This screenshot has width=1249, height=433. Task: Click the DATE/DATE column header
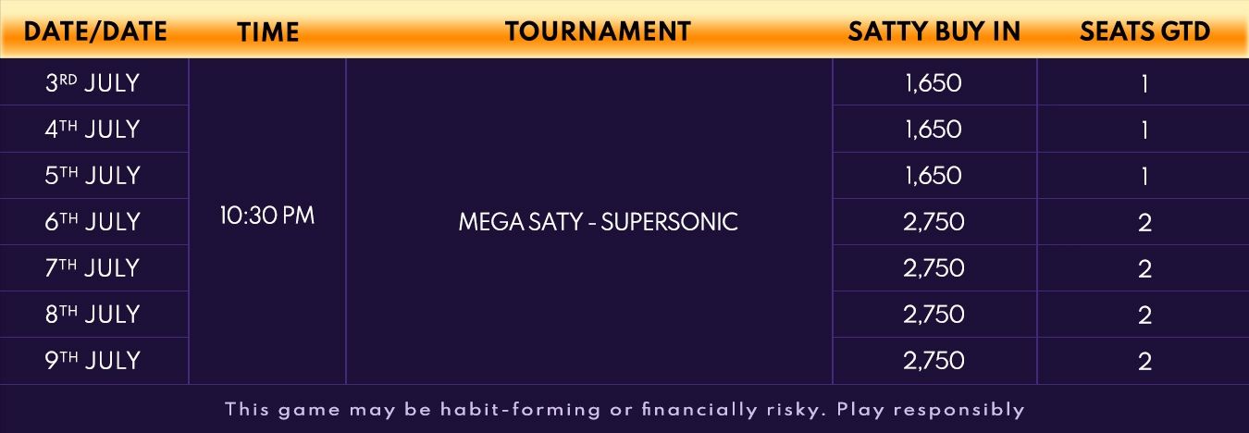tap(95, 31)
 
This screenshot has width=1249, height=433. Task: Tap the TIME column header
tap(267, 31)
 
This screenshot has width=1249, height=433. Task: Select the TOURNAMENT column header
tap(598, 31)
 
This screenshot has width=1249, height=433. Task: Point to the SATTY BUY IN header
tap(934, 31)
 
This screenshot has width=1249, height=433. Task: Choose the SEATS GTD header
tap(1144, 31)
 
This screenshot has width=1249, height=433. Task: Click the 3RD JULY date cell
tap(93, 83)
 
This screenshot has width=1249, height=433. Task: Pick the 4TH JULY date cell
tap(93, 130)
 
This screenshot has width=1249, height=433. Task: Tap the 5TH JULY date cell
tap(93, 176)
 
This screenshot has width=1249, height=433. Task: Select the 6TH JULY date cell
tap(93, 222)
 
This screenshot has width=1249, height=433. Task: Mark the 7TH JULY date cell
tap(93, 268)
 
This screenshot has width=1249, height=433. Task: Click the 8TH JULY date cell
tap(93, 315)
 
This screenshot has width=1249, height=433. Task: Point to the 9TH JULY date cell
tap(93, 361)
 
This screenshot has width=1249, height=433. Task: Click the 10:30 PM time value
tap(267, 216)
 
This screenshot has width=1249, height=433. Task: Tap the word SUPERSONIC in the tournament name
tap(669, 222)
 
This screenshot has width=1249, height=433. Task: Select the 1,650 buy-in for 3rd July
tap(934, 83)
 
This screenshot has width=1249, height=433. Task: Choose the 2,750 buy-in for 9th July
tap(934, 361)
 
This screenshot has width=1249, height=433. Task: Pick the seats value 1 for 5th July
tap(1144, 177)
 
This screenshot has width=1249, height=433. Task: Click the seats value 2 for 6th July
tap(1144, 223)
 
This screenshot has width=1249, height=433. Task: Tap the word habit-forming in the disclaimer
tap(520, 410)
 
